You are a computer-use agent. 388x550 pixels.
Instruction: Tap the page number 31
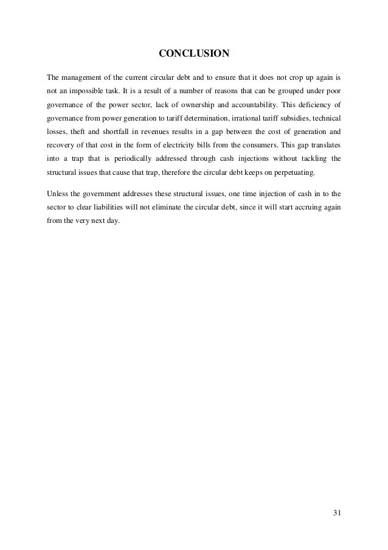(x=338, y=512)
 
